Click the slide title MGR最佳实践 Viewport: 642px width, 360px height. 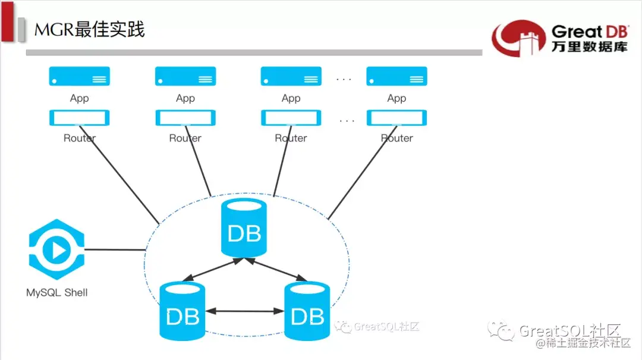coord(90,29)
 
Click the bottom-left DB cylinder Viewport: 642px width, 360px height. coord(182,311)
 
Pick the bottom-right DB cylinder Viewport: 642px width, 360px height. coord(307,311)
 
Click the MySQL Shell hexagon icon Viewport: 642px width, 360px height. coord(56,250)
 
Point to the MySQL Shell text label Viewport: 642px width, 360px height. coord(57,292)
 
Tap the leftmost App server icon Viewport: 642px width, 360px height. coord(80,77)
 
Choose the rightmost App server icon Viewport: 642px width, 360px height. coord(396,77)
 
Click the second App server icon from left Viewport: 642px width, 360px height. coord(185,77)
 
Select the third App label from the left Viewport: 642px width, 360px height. coord(291,98)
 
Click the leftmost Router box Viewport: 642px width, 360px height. coord(80,118)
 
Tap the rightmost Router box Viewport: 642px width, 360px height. coord(396,118)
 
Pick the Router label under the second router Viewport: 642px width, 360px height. coord(185,138)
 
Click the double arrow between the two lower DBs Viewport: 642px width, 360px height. coord(244,311)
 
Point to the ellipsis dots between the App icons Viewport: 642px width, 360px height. coord(344,79)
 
